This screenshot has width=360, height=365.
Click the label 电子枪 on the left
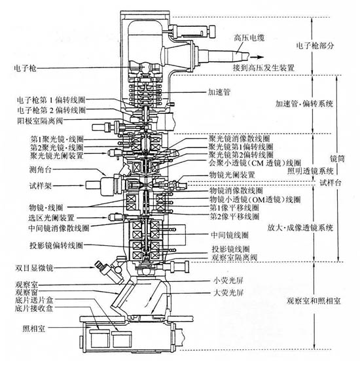(x=26, y=68)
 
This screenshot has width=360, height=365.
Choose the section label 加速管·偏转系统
(x=305, y=103)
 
